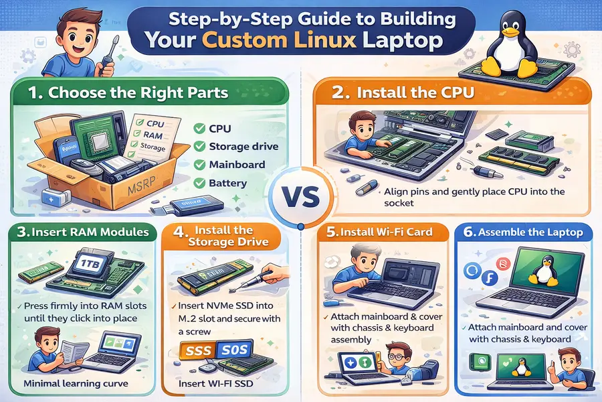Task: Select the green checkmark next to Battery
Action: (x=198, y=183)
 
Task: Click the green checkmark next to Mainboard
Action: (x=198, y=165)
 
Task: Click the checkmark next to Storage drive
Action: (x=198, y=147)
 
